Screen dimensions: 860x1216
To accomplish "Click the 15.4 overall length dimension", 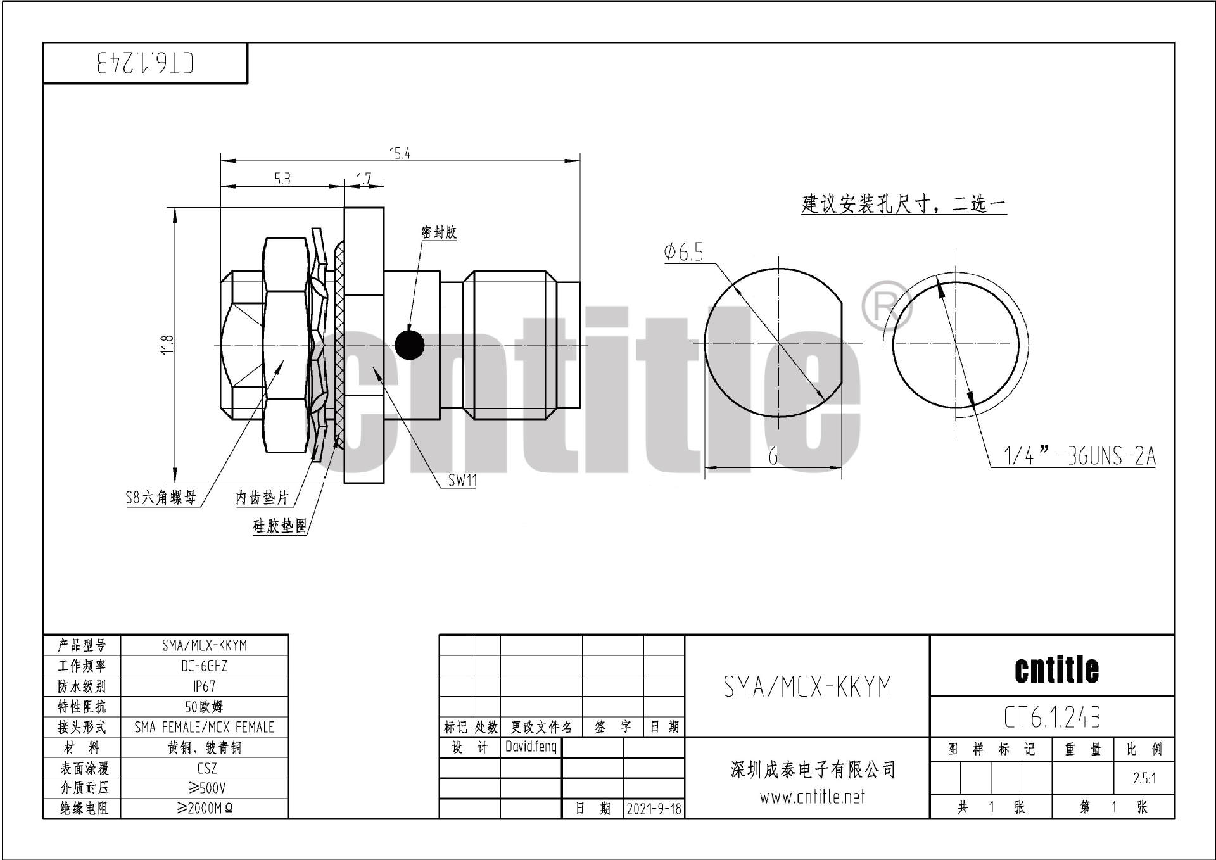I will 400,153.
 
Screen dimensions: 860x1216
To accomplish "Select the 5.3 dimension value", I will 282,179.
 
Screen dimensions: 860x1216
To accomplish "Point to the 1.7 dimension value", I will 364,179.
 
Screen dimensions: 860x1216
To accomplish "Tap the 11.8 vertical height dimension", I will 167,345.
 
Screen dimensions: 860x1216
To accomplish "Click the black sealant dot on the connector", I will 409,345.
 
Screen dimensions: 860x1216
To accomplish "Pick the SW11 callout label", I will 462,481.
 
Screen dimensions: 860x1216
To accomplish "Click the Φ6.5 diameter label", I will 683,253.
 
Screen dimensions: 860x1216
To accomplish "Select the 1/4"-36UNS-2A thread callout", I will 1079,456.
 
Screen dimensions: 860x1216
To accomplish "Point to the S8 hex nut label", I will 161,498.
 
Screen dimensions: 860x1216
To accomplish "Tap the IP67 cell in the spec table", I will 204,686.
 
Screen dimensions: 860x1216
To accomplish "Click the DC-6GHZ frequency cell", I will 204,666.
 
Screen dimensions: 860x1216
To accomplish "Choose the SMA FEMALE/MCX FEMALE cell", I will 204,727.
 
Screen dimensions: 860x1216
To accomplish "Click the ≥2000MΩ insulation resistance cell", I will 205,809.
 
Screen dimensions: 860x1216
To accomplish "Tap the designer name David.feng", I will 531,747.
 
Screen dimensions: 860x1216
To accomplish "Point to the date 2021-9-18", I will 654,809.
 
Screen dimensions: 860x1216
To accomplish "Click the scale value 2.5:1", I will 1144,778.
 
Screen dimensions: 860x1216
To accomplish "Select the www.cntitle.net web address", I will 812,797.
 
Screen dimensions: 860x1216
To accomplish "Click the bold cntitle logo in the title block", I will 1056,670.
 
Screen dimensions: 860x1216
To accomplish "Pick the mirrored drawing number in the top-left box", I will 145,63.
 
